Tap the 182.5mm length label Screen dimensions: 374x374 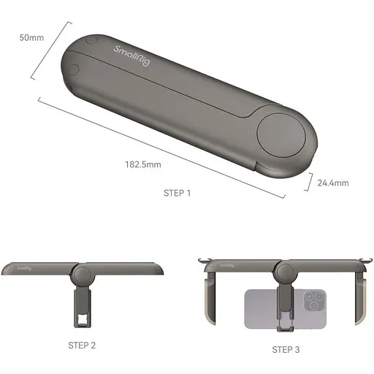(x=142, y=165)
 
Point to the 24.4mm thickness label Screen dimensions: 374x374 (x=333, y=183)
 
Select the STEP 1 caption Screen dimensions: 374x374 (x=177, y=194)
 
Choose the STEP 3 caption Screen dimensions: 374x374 (x=286, y=349)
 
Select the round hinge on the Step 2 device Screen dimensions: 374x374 (x=82, y=276)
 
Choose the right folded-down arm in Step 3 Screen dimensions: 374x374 (x=360, y=296)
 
